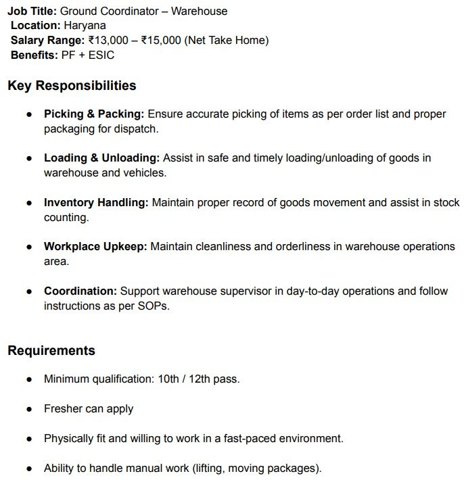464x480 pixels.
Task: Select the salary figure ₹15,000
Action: click(x=161, y=41)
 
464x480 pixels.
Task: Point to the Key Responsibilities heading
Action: click(x=72, y=86)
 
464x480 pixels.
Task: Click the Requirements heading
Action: click(x=51, y=350)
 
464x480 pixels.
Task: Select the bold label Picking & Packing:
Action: click(x=94, y=114)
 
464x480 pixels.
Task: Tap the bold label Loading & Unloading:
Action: click(x=101, y=158)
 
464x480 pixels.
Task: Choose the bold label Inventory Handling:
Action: click(x=96, y=202)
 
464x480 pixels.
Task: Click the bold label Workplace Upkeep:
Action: click(x=95, y=247)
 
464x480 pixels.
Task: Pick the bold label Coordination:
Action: click(x=80, y=291)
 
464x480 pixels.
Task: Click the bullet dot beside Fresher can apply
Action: click(x=29, y=409)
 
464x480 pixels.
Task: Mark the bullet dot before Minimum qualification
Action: click(x=29, y=379)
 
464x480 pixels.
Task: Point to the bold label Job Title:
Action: click(x=32, y=11)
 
